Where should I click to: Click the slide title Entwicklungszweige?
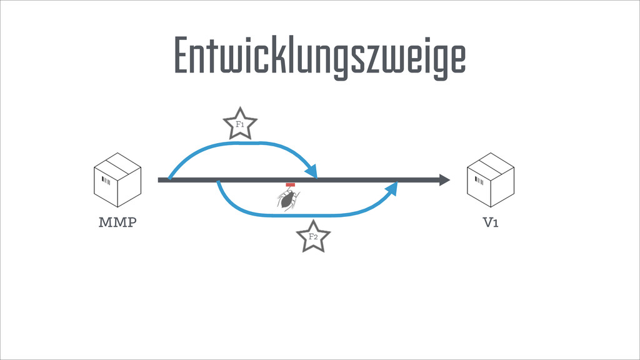319,56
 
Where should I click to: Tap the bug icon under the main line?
288,200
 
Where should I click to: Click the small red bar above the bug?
290,185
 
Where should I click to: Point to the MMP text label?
116,223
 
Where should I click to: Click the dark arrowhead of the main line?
444,180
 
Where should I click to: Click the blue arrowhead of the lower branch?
391,188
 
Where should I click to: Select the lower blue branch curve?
300,216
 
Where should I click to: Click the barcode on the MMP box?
106,181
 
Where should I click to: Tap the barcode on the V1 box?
479,181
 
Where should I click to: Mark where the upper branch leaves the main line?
169,179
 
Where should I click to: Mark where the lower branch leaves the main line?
218,182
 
